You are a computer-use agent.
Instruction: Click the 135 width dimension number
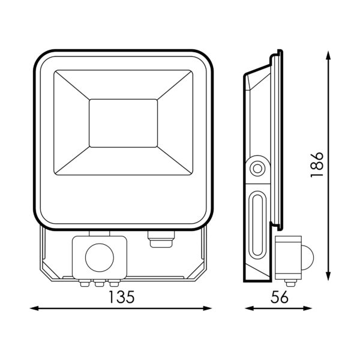point(121,297)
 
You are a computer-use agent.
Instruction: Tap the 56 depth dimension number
point(279,297)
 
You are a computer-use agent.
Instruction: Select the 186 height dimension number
point(317,164)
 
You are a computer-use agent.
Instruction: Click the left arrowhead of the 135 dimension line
point(34,308)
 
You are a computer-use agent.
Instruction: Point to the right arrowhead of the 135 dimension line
point(208,308)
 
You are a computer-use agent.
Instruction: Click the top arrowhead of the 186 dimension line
point(329,55)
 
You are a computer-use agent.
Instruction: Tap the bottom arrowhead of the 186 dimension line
point(329,276)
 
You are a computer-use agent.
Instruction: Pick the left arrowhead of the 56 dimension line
point(249,308)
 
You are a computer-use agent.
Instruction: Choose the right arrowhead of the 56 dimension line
point(308,308)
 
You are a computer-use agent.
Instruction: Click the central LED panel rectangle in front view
point(123,123)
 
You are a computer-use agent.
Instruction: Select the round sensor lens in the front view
point(100,257)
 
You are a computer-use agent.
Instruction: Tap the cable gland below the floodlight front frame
point(161,239)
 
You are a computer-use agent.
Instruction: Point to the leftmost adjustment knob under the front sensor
point(85,283)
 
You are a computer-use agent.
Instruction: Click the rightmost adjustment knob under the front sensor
point(113,283)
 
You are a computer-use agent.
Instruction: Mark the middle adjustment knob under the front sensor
point(99,283)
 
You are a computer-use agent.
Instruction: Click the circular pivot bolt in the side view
point(257,169)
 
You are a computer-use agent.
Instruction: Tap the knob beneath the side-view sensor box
point(290,283)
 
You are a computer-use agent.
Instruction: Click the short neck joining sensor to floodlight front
point(100,233)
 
